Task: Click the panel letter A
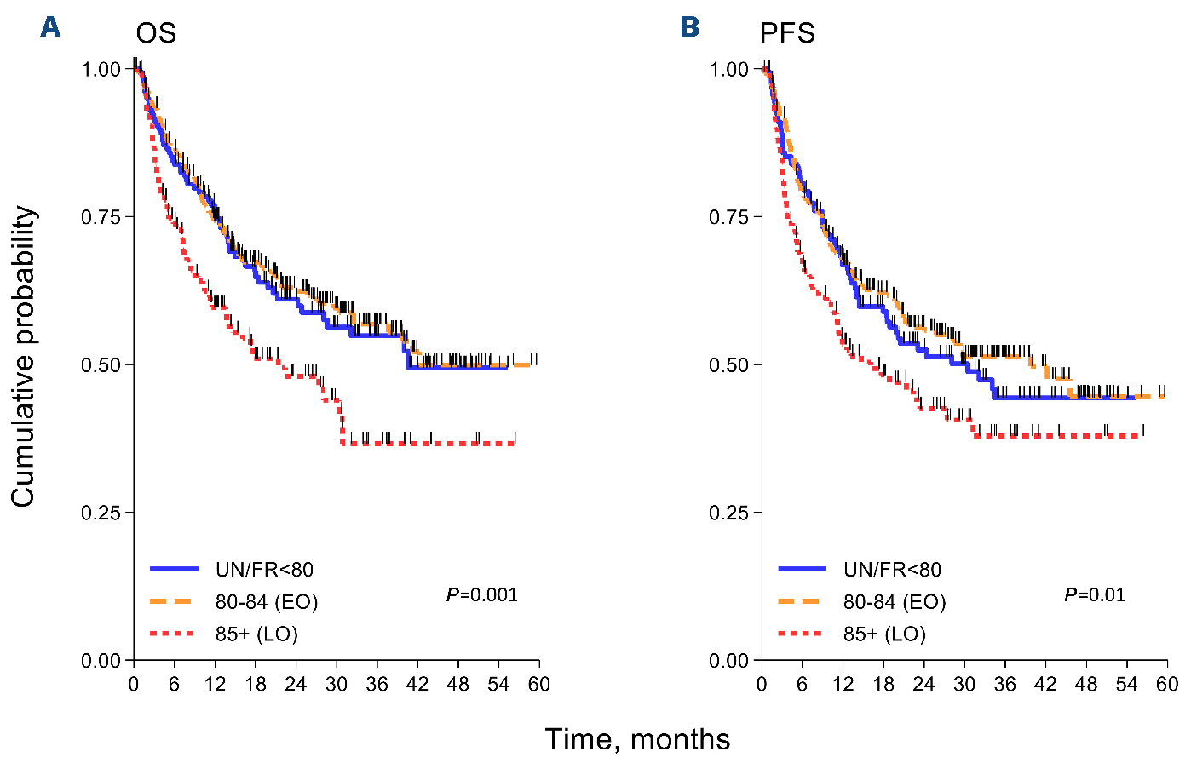click(x=50, y=27)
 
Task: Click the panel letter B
click(x=689, y=27)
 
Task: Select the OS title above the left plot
click(x=156, y=33)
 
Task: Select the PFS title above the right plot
click(x=787, y=33)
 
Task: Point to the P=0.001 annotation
click(x=482, y=594)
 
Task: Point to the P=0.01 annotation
click(x=1095, y=594)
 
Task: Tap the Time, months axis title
click(x=637, y=739)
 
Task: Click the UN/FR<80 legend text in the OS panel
click(x=264, y=570)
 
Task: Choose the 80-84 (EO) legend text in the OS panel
click(x=267, y=602)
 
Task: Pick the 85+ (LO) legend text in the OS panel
click(x=256, y=634)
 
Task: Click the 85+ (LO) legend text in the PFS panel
click(x=884, y=634)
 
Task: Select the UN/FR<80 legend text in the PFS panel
click(x=892, y=570)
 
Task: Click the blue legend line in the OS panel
click(x=174, y=569)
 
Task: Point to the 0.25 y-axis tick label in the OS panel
click(x=101, y=513)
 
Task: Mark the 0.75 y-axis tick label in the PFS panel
click(x=728, y=217)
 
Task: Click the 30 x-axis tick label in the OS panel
click(x=337, y=684)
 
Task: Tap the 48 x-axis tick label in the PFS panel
click(x=1086, y=684)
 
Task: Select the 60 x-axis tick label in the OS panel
click(x=538, y=684)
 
